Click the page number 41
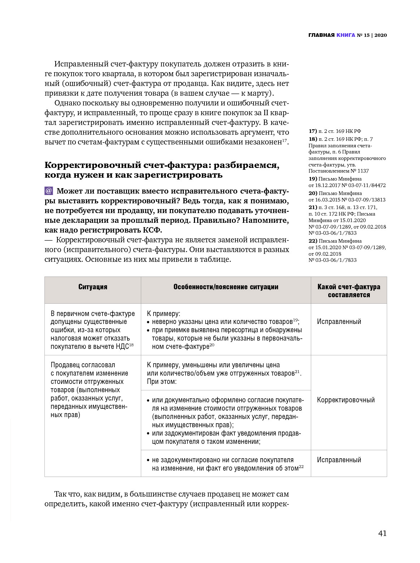pos(382,533)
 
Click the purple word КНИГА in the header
pos(346,35)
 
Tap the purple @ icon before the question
pos(49,191)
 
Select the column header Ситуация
pos(93,287)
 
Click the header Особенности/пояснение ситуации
pos(226,287)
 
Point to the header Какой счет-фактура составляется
pos(349,291)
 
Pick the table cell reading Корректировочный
pos(346,400)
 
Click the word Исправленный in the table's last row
pos(339,460)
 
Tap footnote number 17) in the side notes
pos(312,131)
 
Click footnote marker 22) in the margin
pos(312,241)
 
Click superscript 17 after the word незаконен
pos(285,140)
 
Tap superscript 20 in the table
pos(212,345)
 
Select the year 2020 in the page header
pos(381,35)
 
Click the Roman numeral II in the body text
pos(254,113)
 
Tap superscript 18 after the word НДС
pos(131,345)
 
